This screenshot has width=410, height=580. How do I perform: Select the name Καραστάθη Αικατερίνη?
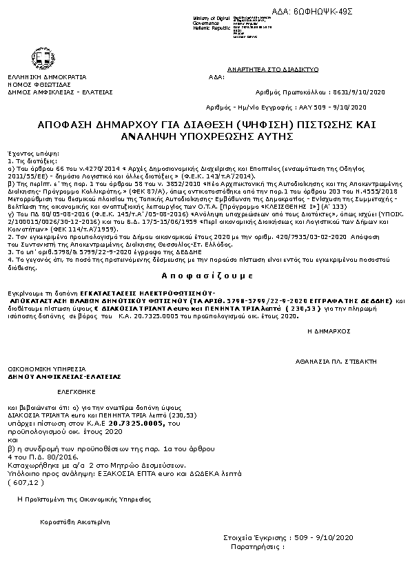(75, 521)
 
